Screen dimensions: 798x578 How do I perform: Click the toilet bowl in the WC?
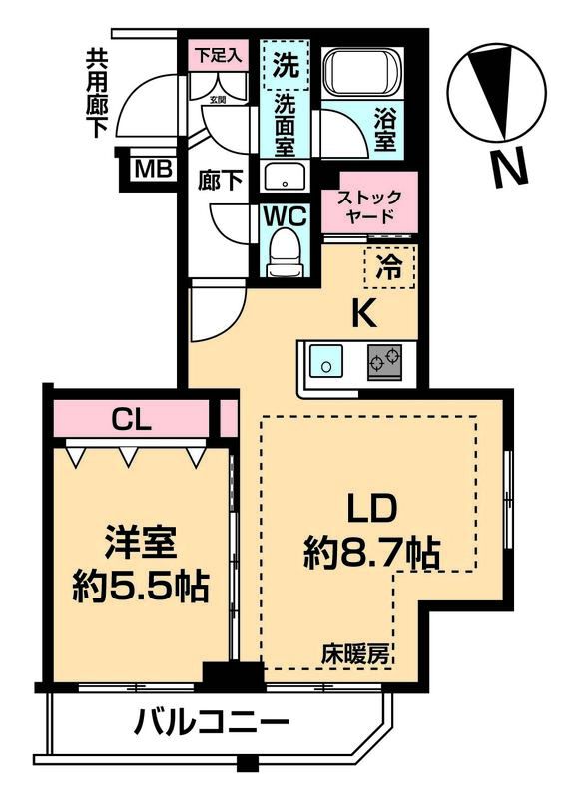tap(286, 250)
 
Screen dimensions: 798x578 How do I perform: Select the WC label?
tap(286, 214)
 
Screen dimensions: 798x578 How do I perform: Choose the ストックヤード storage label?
tap(369, 204)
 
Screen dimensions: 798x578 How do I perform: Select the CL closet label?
tap(132, 419)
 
